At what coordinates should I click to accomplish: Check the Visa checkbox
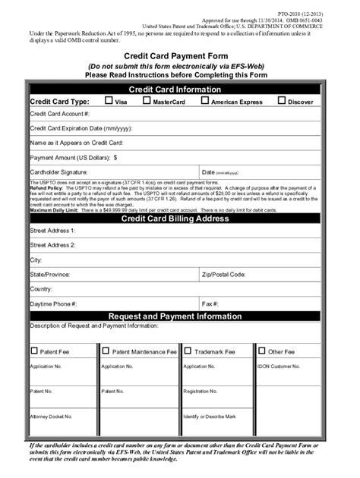click(109, 99)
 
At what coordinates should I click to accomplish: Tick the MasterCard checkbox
click(147, 99)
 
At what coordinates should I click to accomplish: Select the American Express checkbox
click(205, 99)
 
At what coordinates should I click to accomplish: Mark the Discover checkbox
click(283, 99)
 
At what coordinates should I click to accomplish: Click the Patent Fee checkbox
click(33, 351)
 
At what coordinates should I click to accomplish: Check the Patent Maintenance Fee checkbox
click(105, 351)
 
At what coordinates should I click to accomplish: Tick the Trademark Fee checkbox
click(187, 351)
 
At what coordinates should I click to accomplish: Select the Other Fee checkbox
click(262, 351)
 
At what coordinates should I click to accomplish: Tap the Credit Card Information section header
click(179, 89)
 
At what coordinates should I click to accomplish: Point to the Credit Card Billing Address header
click(179, 219)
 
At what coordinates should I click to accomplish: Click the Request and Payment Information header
click(179, 316)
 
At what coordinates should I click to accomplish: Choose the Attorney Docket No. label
click(51, 417)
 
